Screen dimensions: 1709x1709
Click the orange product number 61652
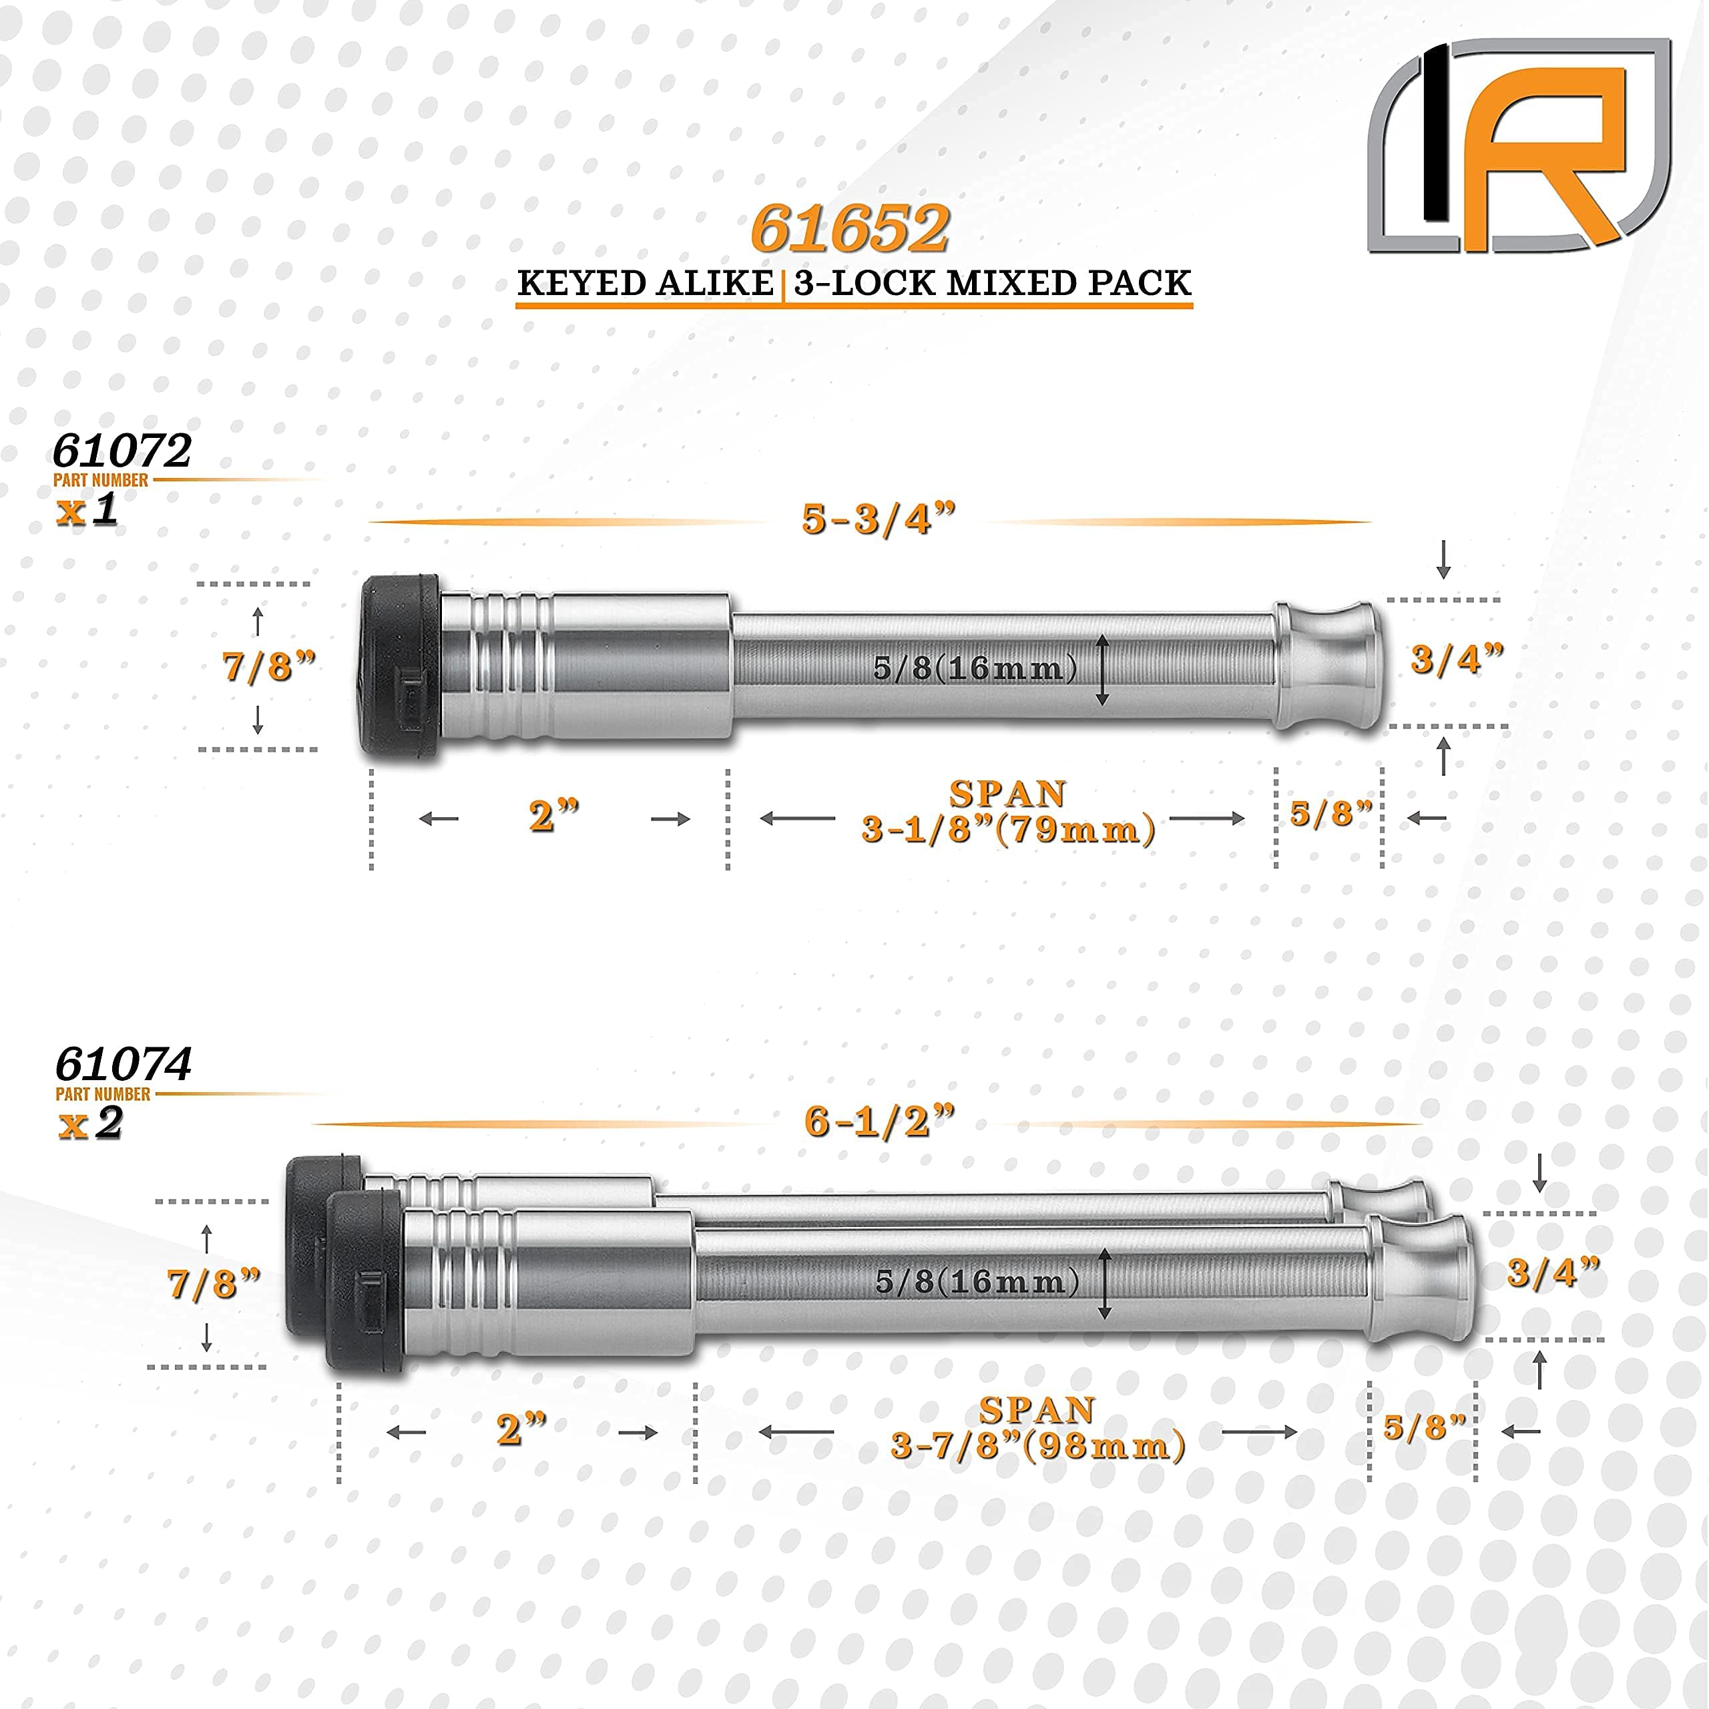coord(850,228)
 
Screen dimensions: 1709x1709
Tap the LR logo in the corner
coord(1518,146)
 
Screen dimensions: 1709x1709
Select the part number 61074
coord(123,1064)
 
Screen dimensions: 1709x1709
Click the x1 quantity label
coord(87,509)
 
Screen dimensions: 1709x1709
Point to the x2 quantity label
coord(90,1124)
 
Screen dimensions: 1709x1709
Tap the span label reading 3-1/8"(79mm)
coord(1009,830)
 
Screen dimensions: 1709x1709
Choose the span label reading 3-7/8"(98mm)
coord(1037,1445)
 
